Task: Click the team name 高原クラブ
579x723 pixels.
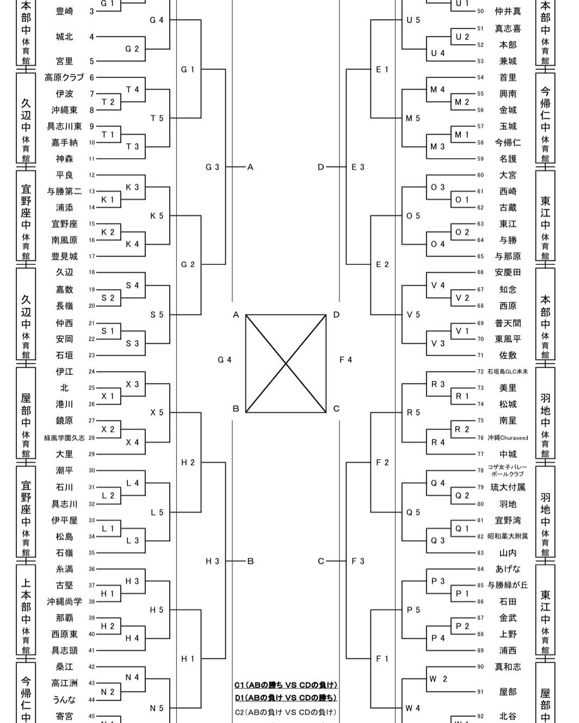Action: point(64,78)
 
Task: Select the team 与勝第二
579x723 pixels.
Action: point(64,191)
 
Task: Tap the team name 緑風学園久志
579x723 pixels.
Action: point(64,438)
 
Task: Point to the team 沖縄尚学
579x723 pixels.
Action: point(64,602)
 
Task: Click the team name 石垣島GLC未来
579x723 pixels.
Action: point(507,372)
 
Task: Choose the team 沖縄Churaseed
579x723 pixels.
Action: point(507,438)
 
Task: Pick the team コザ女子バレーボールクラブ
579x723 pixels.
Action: point(507,470)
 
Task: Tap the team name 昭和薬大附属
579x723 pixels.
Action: point(507,537)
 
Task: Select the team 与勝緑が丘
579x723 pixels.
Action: point(507,585)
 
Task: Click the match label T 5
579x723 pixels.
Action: point(157,118)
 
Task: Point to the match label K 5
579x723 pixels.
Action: point(157,216)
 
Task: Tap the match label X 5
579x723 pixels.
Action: point(157,413)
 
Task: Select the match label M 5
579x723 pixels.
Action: point(413,118)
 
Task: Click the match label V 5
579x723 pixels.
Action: point(413,315)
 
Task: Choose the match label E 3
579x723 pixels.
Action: point(358,167)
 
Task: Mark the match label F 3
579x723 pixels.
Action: point(358,561)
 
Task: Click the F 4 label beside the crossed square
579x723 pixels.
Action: point(346,360)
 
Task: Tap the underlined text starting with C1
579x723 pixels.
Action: point(286,685)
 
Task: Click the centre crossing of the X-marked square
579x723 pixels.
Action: point(286,363)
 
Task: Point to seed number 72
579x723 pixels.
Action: point(481,372)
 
